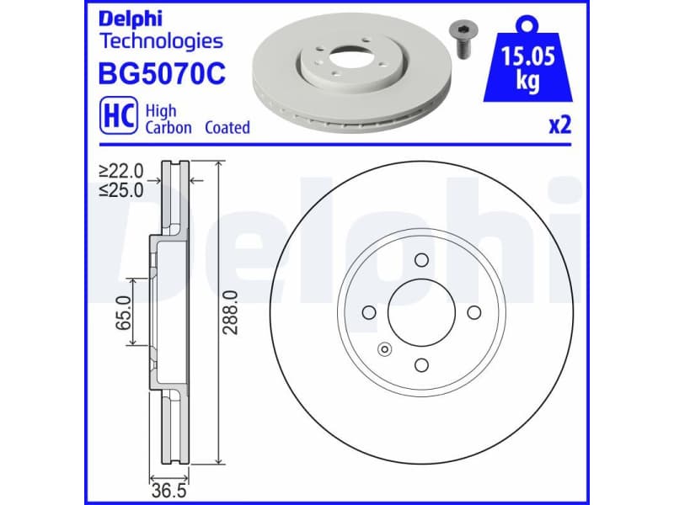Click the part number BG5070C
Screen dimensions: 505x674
coord(163,75)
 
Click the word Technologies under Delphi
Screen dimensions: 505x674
coord(161,40)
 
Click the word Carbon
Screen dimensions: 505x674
coord(168,128)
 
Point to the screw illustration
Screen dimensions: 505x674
coord(462,37)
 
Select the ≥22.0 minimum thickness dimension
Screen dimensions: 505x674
coord(121,171)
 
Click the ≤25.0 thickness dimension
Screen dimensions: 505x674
coord(121,190)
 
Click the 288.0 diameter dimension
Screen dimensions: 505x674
coord(231,313)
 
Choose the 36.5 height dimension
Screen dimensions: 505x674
coord(167,487)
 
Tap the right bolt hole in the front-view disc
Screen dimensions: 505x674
coord(474,312)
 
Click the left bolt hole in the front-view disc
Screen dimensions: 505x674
coord(369,312)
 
